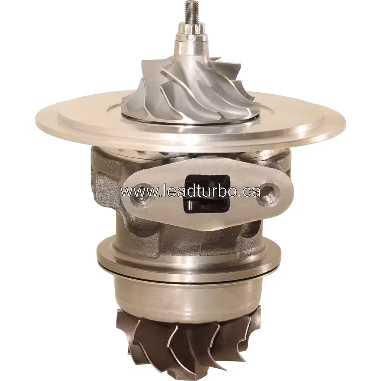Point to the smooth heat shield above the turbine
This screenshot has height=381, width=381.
[188, 298]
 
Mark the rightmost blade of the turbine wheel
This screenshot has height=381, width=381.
[253, 327]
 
